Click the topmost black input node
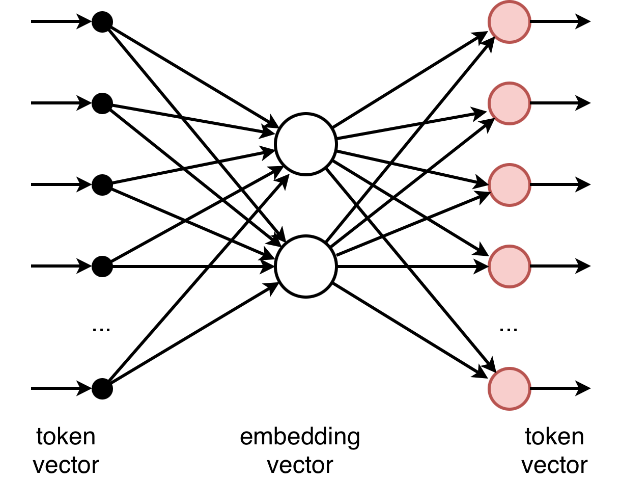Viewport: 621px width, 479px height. click(x=102, y=22)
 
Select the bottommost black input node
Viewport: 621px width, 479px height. click(x=102, y=389)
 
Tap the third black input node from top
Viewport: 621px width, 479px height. click(x=102, y=184)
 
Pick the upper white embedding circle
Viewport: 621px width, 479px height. click(x=305, y=144)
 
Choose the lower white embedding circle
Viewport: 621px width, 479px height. click(x=305, y=266)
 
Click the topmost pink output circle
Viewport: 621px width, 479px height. click(x=509, y=22)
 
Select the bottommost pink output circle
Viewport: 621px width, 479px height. click(x=509, y=389)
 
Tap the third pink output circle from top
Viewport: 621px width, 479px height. click(x=509, y=184)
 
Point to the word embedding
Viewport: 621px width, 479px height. click(x=300, y=437)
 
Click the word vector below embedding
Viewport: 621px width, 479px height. click(x=300, y=465)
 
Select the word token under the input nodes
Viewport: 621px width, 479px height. click(x=66, y=437)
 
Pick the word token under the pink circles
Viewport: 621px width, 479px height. click(x=554, y=437)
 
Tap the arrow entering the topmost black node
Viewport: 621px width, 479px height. click(x=61, y=22)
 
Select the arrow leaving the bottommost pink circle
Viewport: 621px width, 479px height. click(x=560, y=389)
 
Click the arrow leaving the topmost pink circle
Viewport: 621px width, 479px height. click(x=560, y=22)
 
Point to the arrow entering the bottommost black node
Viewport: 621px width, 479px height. click(x=61, y=389)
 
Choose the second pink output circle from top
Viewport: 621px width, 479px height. click(x=509, y=103)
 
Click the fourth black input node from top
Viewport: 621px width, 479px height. click(x=102, y=266)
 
